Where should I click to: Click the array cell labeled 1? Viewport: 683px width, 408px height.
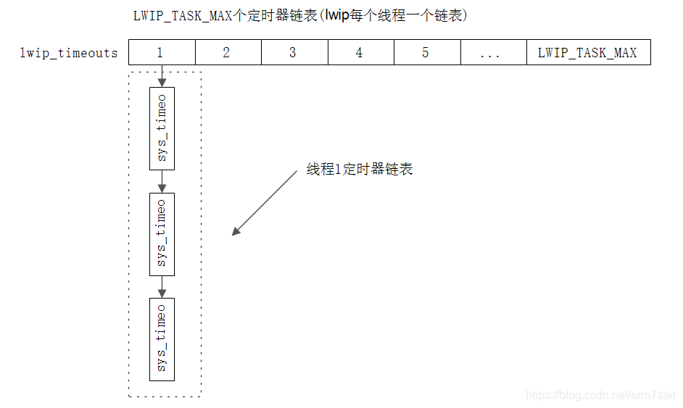pos(162,52)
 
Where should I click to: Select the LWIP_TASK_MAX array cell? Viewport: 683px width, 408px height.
pos(588,52)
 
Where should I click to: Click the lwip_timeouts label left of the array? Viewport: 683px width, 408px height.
pos(69,53)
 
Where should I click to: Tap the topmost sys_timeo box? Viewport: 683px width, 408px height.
pos(162,129)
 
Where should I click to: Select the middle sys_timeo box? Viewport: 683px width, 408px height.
pos(162,233)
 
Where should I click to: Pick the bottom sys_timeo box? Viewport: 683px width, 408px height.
pos(162,338)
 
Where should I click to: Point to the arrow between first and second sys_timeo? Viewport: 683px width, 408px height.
pos(162,181)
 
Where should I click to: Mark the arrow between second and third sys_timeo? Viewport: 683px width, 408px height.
pos(162,286)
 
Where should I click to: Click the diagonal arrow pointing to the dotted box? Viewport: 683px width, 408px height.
pos(265,203)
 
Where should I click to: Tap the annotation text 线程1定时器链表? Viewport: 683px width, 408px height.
pos(360,170)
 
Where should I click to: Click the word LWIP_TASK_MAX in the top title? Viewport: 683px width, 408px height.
pos(182,15)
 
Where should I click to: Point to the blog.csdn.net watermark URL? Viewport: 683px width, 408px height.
pos(600,395)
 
